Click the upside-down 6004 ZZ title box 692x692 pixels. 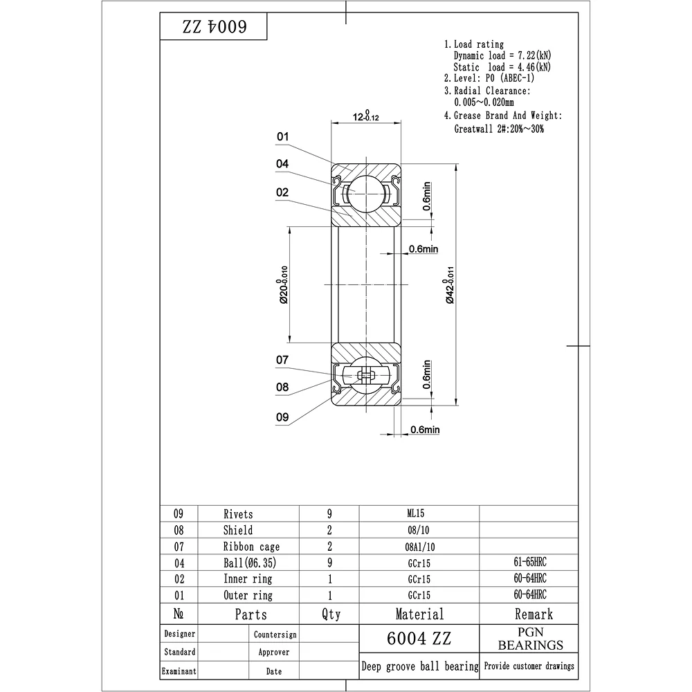[214, 26]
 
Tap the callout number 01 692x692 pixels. [282, 137]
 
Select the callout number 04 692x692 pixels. [282, 164]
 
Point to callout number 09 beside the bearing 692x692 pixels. [282, 417]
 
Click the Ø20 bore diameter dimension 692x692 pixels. [283, 284]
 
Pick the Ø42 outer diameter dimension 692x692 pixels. [449, 284]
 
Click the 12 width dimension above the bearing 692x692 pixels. [366, 116]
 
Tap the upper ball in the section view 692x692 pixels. [366, 194]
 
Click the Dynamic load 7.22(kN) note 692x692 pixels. [502, 55]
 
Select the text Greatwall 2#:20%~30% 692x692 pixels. [499, 129]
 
